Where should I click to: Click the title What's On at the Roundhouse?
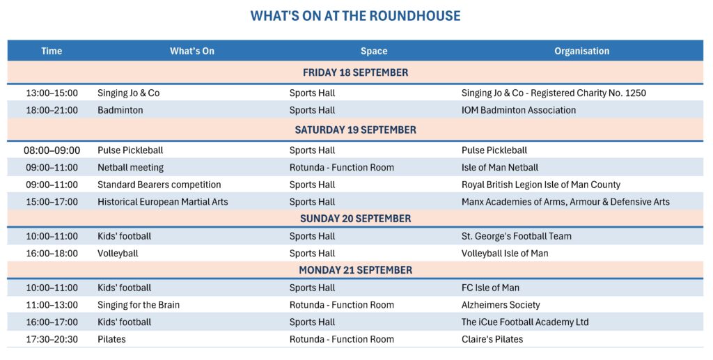tap(355, 16)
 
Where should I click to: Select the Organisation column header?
tap(581, 51)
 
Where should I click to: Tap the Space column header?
tap(374, 51)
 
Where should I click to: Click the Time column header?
tap(52, 51)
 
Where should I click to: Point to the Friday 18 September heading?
tap(356, 72)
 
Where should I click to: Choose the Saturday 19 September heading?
tap(356, 130)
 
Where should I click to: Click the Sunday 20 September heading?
tap(356, 218)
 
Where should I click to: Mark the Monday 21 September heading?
tap(356, 270)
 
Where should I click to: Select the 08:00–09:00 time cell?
tap(52, 150)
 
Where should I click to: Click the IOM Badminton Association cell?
tap(518, 110)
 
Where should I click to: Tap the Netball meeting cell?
tap(130, 168)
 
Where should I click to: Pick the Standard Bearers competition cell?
tap(159, 185)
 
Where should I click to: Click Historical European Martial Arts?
tap(163, 202)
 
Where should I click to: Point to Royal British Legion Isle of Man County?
tap(540, 185)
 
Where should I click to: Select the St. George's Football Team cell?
tap(517, 236)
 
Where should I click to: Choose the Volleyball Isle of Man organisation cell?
tap(505, 253)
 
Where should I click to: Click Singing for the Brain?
tap(139, 305)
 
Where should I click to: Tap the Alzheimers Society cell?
tap(501, 305)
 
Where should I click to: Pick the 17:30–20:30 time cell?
tap(52, 340)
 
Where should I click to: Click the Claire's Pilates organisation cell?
tap(492, 340)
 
